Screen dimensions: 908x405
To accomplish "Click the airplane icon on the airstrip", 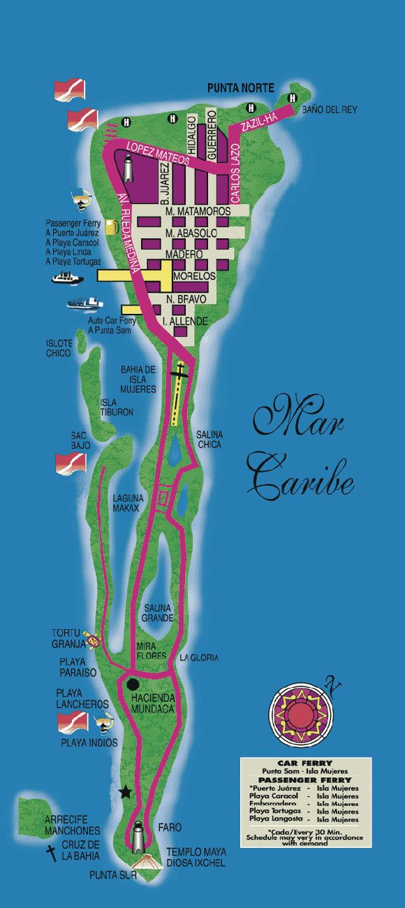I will coord(181,373).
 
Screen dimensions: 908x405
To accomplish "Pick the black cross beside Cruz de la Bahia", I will coord(51,853).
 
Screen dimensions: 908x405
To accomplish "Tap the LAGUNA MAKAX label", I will coord(128,503).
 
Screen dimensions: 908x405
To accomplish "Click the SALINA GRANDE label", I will coord(158,613).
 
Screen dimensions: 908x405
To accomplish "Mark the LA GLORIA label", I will coord(199,658).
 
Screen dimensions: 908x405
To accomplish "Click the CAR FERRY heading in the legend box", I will coord(299,762).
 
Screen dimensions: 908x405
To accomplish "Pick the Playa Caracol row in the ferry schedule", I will coord(299,796).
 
